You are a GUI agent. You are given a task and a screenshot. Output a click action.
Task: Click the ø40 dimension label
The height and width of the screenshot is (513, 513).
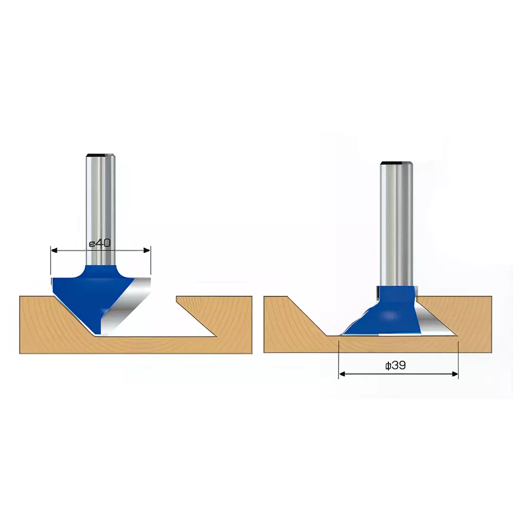click(100, 243)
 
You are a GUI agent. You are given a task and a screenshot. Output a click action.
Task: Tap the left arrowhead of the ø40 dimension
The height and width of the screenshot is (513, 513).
click(53, 250)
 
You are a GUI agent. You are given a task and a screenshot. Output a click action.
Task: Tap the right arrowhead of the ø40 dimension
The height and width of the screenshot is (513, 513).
click(148, 250)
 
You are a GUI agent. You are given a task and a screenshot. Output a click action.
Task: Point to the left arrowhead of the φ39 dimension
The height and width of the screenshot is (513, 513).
click(342, 374)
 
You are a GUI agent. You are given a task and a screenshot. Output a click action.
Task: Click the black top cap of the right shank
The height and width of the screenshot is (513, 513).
click(396, 163)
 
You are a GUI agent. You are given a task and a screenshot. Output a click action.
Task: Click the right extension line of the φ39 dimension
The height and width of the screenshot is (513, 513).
click(458, 359)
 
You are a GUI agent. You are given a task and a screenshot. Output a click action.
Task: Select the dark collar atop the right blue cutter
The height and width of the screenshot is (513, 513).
click(378, 292)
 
